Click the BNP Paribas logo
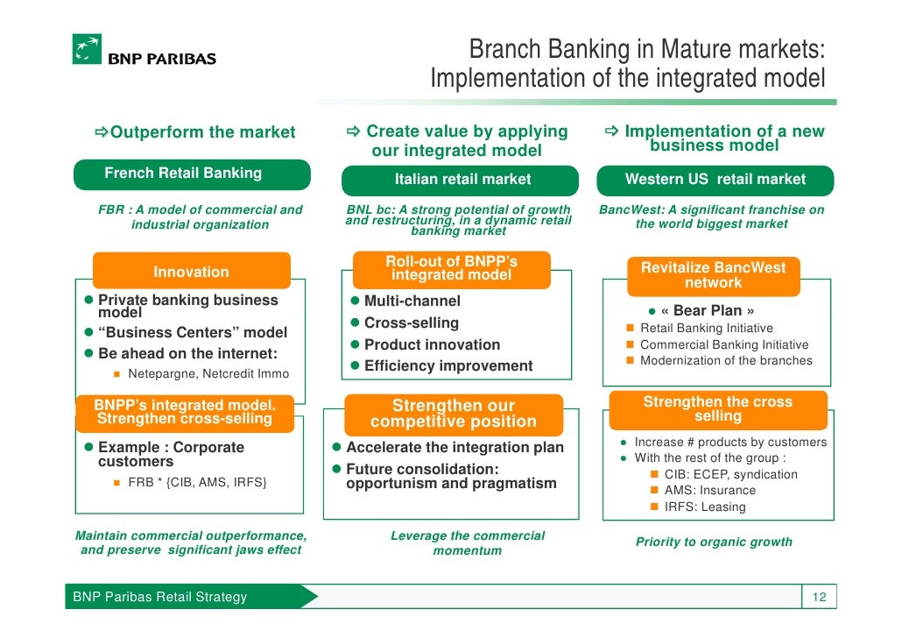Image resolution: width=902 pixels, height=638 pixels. [144, 50]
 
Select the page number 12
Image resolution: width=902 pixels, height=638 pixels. [819, 598]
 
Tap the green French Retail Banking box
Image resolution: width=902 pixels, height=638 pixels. [191, 174]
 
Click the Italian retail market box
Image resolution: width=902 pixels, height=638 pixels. [462, 180]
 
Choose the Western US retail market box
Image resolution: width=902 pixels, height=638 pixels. [715, 180]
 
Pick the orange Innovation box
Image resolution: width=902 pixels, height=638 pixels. [191, 272]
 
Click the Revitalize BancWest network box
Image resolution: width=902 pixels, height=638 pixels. [713, 274]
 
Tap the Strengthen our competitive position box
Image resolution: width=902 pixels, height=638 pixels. [453, 414]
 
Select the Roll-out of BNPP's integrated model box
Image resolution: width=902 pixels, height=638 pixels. [451, 268]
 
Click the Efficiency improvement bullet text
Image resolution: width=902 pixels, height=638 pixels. [447, 366]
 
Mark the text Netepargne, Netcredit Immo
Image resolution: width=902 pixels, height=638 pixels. [208, 374]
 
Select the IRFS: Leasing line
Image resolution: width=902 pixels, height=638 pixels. [704, 507]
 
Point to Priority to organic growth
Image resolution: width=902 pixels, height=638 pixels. [713, 542]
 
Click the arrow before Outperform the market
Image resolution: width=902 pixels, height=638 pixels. [101, 133]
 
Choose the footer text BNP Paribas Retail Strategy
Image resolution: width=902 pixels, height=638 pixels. [159, 598]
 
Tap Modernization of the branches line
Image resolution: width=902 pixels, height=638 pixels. [726, 361]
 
